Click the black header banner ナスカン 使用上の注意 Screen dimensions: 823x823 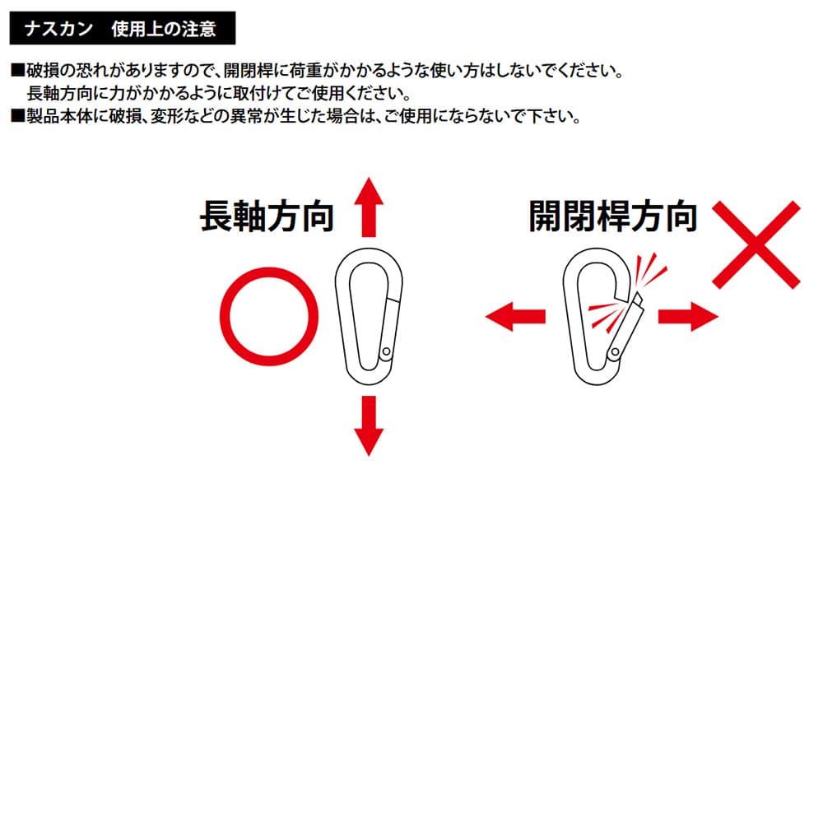tap(123, 28)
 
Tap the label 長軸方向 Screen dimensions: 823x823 tap(267, 216)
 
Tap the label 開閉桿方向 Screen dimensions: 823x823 tap(613, 216)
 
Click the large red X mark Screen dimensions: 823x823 tap(756, 244)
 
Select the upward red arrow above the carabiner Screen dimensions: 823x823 tap(369, 207)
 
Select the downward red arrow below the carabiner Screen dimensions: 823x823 tap(369, 425)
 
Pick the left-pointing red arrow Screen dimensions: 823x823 tap(515, 317)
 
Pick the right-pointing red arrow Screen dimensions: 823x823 tap(688, 317)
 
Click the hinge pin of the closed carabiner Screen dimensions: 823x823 tap(386, 351)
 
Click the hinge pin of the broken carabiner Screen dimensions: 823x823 tap(614, 352)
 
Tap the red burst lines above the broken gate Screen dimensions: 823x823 tap(650, 270)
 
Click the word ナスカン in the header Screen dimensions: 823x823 tap(58, 28)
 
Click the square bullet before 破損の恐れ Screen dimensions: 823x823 tap(18, 70)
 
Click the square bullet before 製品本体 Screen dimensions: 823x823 tap(18, 115)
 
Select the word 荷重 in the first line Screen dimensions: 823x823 tap(305, 70)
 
